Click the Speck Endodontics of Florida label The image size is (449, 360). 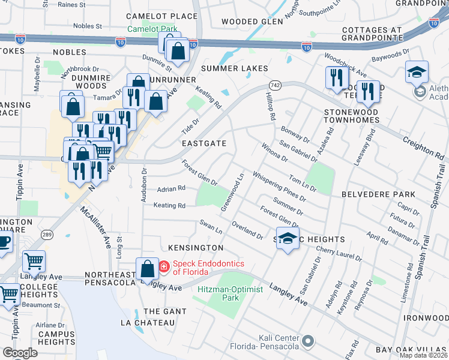point(190,268)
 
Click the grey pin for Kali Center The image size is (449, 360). point(309,341)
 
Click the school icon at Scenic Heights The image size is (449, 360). point(288,239)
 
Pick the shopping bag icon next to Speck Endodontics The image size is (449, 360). point(147,269)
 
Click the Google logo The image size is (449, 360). point(20,353)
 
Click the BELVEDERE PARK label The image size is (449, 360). point(378,194)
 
